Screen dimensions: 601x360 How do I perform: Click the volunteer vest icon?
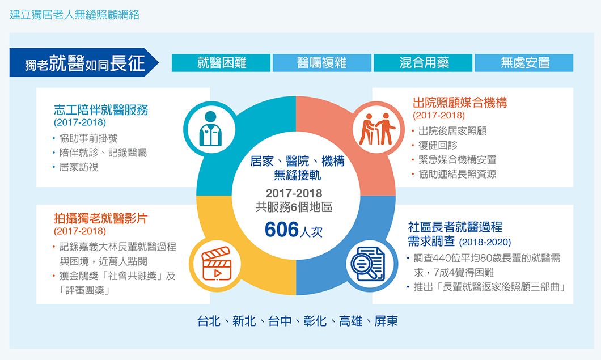click(x=210, y=129)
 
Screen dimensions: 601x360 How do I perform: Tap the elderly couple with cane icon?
click(x=377, y=129)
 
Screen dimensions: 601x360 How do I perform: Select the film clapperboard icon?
click(x=216, y=264)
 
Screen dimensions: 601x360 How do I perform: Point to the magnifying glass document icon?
click(x=367, y=264)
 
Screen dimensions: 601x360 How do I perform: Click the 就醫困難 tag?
click(x=221, y=62)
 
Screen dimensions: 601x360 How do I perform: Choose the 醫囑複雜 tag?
click(x=322, y=62)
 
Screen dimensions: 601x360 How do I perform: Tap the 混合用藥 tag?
click(x=423, y=62)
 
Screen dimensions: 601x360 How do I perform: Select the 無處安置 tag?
click(x=524, y=62)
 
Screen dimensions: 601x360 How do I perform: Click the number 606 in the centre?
click(x=282, y=230)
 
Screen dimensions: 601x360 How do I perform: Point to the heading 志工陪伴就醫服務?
click(x=101, y=110)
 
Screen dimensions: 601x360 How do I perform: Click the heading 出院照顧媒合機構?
click(x=460, y=103)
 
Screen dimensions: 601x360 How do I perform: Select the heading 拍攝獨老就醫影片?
click(x=101, y=218)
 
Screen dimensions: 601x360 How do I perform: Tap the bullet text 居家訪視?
click(x=79, y=167)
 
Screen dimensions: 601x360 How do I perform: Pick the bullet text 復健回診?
click(x=438, y=145)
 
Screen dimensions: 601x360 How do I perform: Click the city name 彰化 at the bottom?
click(x=315, y=321)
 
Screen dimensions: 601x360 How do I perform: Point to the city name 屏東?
click(x=386, y=321)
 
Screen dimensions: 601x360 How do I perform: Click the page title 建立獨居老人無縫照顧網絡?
click(x=74, y=15)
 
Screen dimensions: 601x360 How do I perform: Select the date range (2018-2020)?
click(x=485, y=242)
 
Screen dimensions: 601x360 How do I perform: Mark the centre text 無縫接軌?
click(x=298, y=176)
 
